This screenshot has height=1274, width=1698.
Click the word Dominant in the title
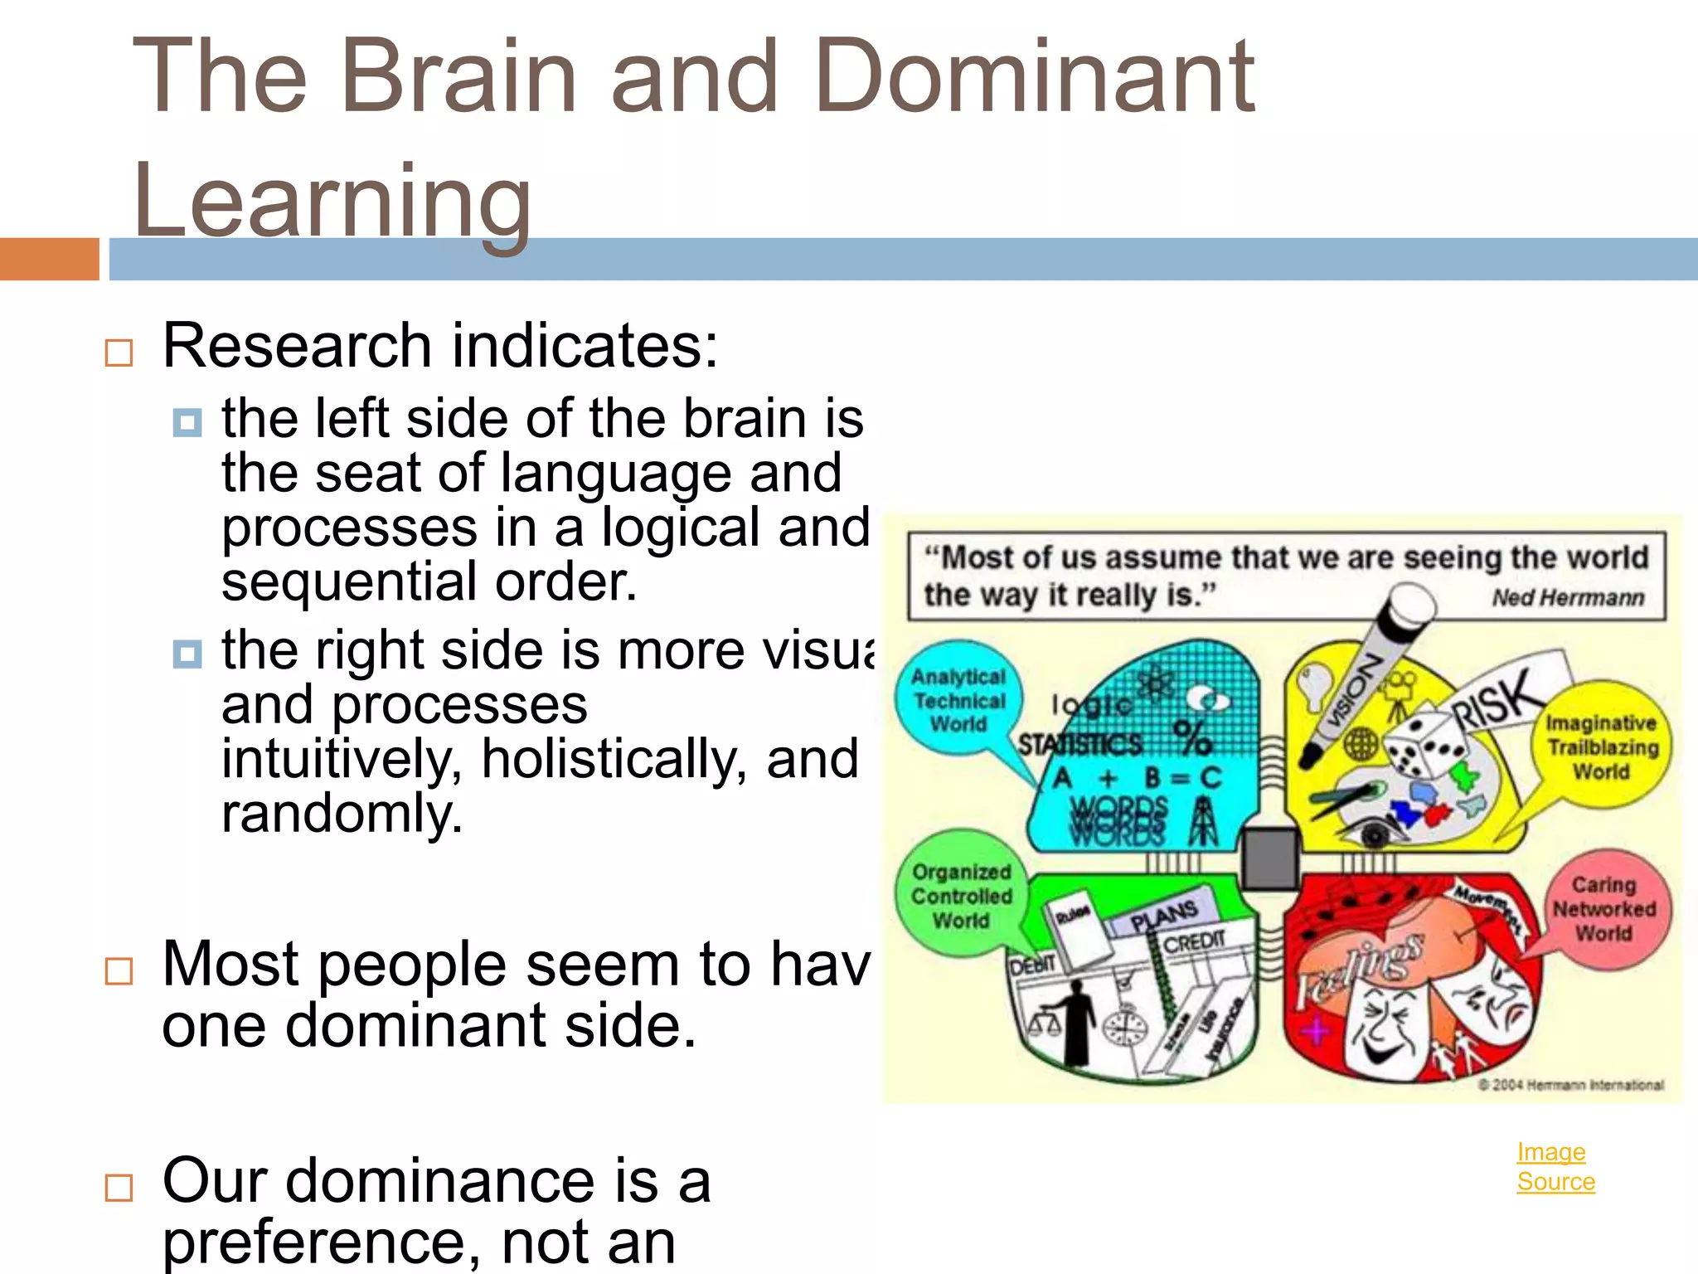click(1034, 76)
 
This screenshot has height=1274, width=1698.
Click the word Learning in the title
click(332, 202)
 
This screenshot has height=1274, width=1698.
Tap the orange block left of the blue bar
click(49, 259)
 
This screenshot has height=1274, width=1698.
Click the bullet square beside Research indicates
click(119, 353)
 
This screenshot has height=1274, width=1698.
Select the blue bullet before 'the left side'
click(187, 422)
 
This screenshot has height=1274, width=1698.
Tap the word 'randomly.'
click(342, 813)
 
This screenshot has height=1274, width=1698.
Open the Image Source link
click(1555, 1166)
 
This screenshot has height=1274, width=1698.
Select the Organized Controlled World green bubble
click(960, 896)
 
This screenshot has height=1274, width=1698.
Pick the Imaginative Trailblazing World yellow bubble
click(1602, 747)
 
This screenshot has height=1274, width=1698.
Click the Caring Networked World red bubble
click(1604, 909)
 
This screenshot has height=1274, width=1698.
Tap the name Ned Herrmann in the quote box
click(1567, 597)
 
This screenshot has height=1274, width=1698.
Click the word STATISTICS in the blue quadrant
click(1080, 744)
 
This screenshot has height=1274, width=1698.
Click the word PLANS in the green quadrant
click(1165, 916)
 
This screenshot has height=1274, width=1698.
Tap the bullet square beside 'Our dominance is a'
click(119, 1187)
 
